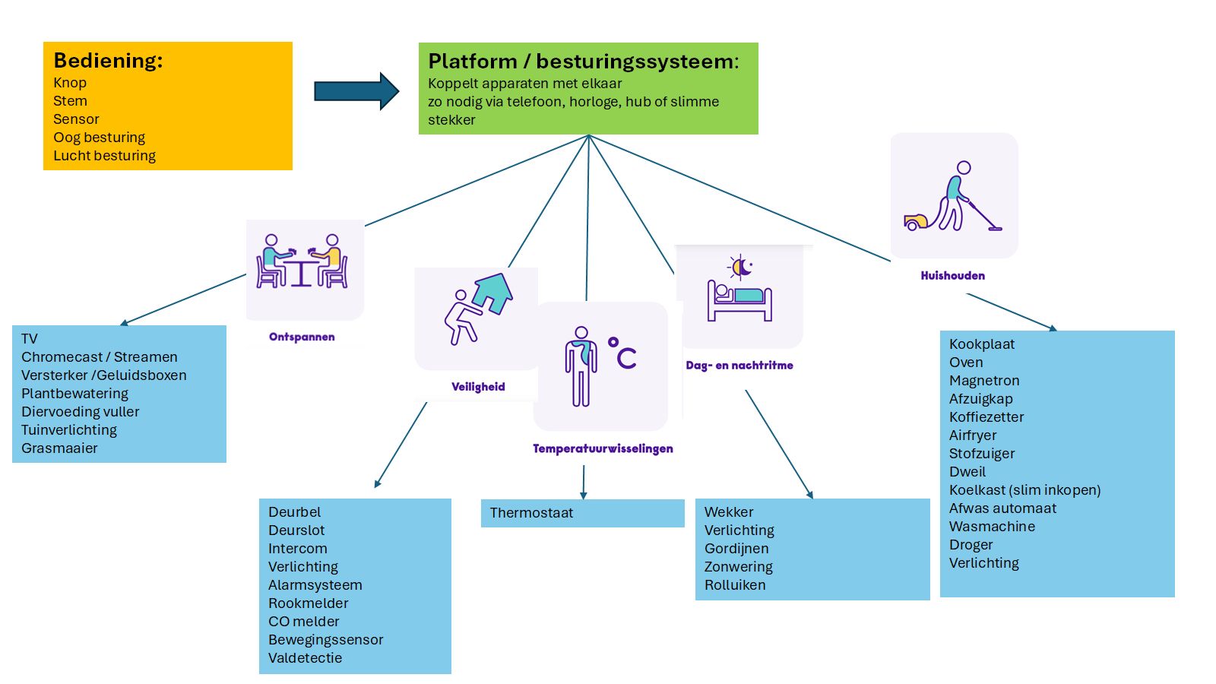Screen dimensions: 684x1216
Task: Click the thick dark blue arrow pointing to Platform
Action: pos(356,91)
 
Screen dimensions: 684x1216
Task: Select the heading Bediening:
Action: pos(108,61)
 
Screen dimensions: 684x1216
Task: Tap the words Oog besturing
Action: pos(99,138)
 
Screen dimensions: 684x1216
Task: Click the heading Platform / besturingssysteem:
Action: pos(583,62)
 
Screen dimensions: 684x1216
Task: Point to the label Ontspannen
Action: pos(302,337)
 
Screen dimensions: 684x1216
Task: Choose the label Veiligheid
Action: pos(478,387)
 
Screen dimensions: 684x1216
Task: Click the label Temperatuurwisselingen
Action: pos(603,448)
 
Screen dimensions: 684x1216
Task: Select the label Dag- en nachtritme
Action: pos(739,366)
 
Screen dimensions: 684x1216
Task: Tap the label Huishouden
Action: pos(952,276)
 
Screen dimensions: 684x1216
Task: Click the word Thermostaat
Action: pos(531,513)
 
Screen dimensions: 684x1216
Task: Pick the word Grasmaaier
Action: pos(59,448)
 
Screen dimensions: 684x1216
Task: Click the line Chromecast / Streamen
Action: pos(100,357)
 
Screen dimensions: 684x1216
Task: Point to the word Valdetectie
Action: pos(305,658)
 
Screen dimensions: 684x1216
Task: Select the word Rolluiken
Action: pos(735,585)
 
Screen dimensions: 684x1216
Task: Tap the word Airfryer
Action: pos(973,435)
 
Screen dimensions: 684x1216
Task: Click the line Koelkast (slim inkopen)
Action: pos(1024,490)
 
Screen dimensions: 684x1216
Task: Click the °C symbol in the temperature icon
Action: pos(622,353)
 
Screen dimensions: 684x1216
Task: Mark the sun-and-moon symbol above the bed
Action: pos(740,267)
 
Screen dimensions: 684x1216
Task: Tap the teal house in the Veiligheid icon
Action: pos(494,292)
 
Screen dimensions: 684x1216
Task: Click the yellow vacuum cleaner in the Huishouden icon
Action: pos(916,222)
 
